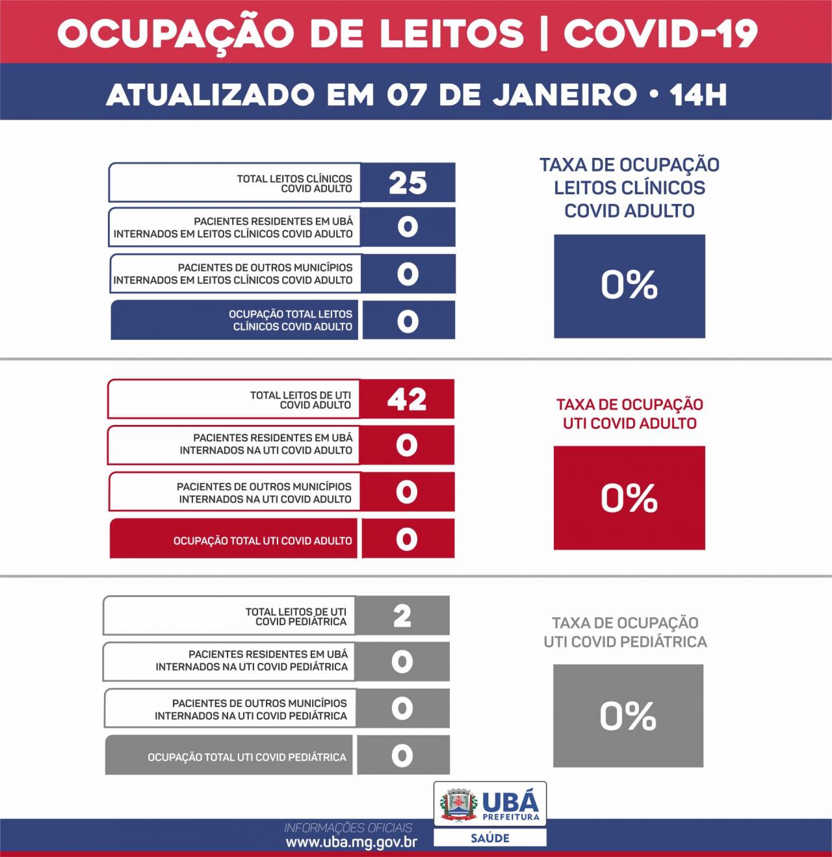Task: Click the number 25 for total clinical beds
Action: [x=408, y=183]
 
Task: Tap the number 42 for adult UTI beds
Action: [x=407, y=399]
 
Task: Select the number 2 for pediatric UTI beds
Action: [x=402, y=615]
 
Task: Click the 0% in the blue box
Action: [x=629, y=285]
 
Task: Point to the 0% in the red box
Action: [x=629, y=498]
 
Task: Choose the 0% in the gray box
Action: [x=627, y=716]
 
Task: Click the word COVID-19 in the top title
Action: [x=660, y=32]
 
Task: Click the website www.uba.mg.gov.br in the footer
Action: [x=351, y=843]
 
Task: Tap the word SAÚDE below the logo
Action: [x=490, y=838]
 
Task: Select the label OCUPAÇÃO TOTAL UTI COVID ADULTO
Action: [x=263, y=541]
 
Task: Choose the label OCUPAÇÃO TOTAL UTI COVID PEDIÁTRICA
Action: [x=247, y=757]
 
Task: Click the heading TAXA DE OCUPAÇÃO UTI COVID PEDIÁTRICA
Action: [x=625, y=632]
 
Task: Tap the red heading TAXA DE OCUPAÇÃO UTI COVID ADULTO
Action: [x=629, y=414]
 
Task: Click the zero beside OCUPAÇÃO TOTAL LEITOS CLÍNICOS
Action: [x=408, y=321]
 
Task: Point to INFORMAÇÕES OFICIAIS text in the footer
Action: [x=348, y=828]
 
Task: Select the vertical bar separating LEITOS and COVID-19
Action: [x=543, y=32]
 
